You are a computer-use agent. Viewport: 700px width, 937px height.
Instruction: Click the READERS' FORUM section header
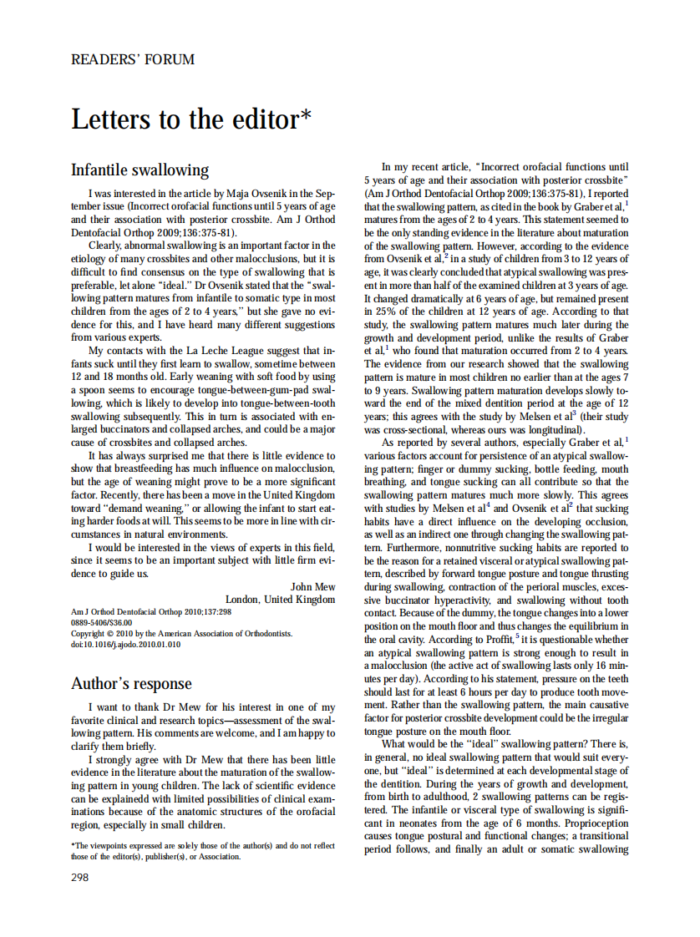pos(133,59)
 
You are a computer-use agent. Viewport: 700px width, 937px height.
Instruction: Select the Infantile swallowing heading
pos(139,170)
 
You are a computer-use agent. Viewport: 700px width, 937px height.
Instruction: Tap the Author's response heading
pos(131,683)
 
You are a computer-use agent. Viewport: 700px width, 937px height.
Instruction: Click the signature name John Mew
pos(312,586)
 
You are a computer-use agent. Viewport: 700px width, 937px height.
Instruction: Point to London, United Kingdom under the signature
pos(280,599)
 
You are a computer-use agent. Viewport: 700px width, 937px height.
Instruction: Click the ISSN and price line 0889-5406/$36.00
pos(101,623)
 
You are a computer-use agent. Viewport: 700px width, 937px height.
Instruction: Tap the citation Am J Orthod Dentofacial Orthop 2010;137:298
pos(151,612)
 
